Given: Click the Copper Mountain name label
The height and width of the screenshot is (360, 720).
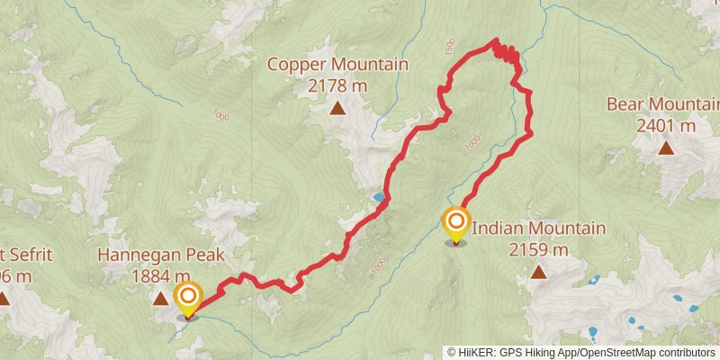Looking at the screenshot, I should click(x=337, y=65).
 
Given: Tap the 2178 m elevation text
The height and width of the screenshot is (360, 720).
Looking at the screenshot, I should click(x=337, y=85).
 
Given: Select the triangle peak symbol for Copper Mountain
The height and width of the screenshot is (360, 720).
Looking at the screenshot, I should click(x=337, y=110).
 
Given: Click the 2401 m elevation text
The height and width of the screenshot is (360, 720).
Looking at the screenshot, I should click(x=666, y=125).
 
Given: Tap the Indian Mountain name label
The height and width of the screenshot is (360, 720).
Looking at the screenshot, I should click(x=538, y=229).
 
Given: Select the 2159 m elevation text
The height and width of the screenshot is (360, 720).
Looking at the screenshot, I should click(x=538, y=249).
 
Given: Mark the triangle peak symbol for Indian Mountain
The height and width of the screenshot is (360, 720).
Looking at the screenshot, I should click(x=538, y=272).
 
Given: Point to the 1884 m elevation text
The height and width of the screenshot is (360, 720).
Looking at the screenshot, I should click(x=160, y=277).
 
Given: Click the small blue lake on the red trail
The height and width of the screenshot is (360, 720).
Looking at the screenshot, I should click(x=380, y=196).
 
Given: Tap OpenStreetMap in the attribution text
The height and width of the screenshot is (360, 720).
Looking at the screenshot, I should click(x=617, y=352).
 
